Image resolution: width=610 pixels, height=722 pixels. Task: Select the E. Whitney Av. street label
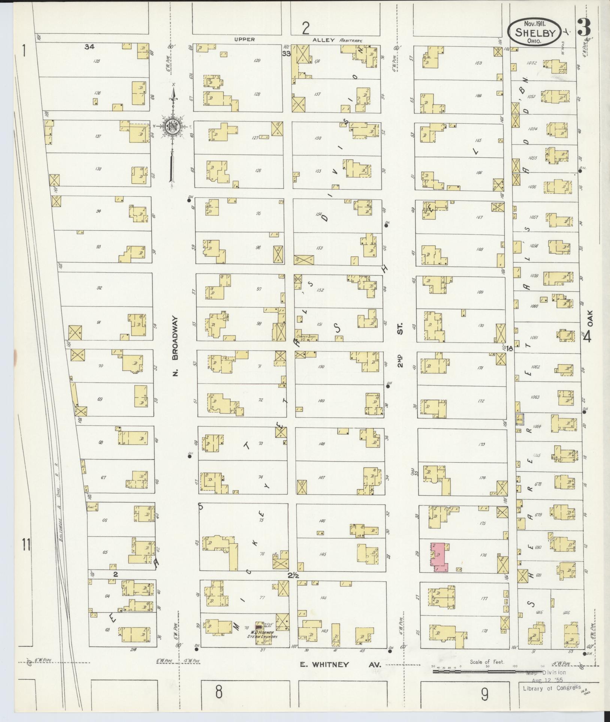coord(340,665)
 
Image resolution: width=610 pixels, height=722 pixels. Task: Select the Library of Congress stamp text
coord(552,687)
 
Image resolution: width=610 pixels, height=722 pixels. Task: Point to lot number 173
coord(481,444)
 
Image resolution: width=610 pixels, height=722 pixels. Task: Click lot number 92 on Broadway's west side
coord(99,288)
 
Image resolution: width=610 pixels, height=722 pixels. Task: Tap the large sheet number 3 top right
coord(585,27)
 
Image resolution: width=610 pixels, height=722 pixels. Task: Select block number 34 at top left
coord(90,46)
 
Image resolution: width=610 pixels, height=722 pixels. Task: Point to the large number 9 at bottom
coord(485,695)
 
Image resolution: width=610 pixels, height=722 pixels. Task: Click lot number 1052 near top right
coord(531,63)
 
